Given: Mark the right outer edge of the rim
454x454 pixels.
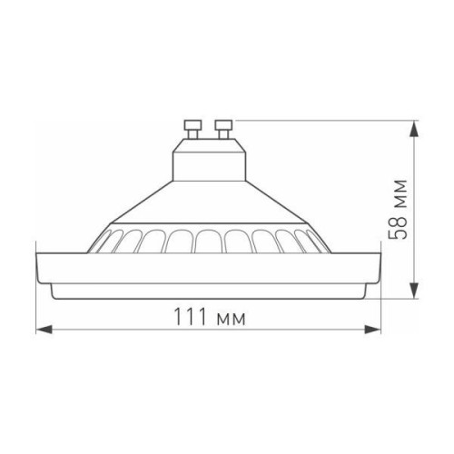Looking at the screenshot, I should tap(379, 269).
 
